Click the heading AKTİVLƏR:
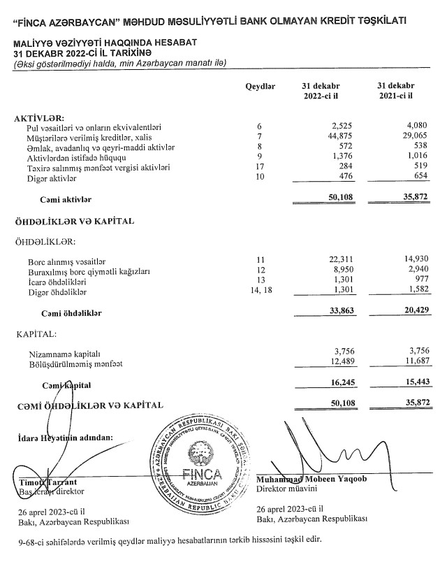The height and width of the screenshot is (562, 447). pos(39,117)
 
